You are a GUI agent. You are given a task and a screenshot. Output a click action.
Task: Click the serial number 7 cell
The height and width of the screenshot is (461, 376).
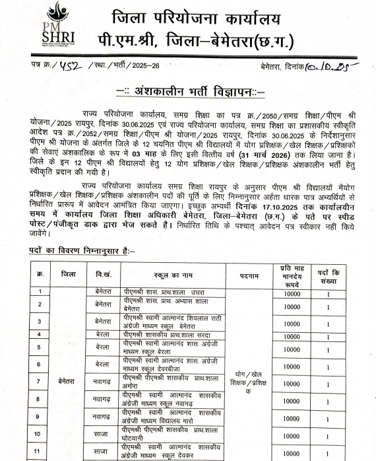click(41, 381)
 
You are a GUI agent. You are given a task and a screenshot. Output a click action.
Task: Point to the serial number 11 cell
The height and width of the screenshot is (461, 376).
click(41, 452)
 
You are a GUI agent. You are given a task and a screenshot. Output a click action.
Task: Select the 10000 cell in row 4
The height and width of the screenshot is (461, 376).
click(292, 337)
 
